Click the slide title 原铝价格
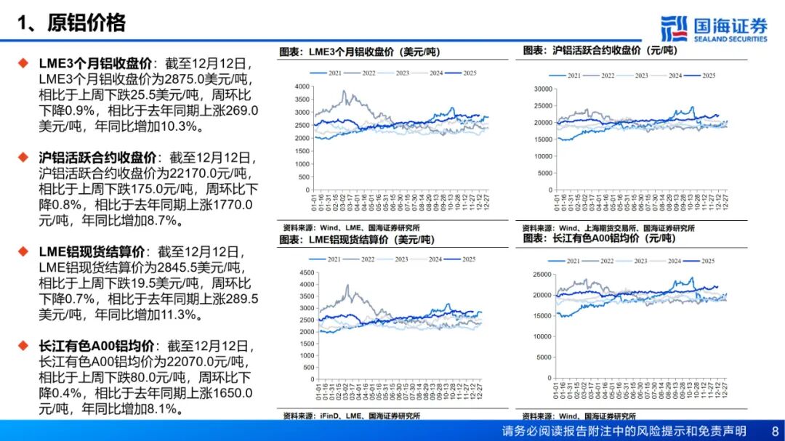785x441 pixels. pos(86,23)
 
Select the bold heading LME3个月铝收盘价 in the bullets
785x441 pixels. pos(91,64)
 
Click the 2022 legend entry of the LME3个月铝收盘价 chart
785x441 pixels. pos(367,73)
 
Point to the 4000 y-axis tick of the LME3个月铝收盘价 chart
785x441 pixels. pos(302,86)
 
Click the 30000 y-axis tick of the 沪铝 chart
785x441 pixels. pos(544,89)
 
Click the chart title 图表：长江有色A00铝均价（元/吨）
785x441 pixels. pos(599,238)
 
